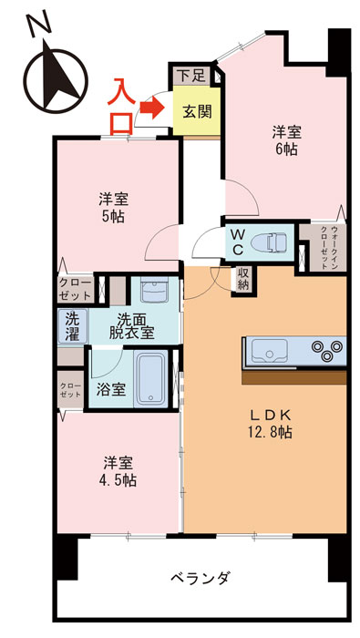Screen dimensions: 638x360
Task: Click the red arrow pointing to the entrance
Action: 148,110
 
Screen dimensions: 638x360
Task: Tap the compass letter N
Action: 36,26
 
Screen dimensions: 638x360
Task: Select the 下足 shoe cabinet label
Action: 189,76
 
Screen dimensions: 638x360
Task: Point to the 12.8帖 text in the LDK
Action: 270,433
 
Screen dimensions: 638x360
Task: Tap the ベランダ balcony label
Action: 199,578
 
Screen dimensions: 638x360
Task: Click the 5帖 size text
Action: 114,217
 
